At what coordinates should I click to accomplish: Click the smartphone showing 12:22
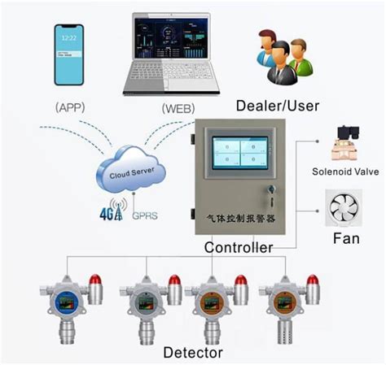click(x=69, y=54)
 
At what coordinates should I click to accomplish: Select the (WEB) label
click(x=178, y=107)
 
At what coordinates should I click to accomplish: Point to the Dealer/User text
click(x=278, y=105)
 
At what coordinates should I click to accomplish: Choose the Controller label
click(x=238, y=247)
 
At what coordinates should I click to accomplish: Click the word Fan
click(x=345, y=240)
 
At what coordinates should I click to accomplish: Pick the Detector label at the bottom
click(x=195, y=352)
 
